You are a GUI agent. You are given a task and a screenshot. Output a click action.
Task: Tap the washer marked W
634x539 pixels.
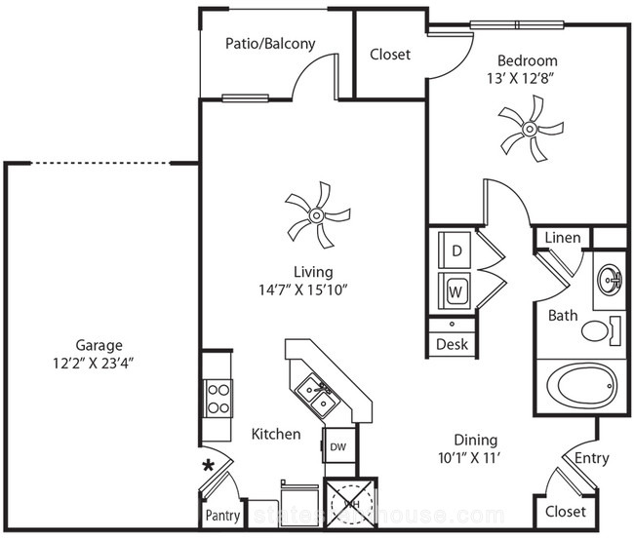(x=455, y=289)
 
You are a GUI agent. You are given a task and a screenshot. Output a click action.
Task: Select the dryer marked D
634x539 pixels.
(x=455, y=249)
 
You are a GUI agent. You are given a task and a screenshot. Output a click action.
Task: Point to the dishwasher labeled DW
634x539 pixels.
(x=337, y=447)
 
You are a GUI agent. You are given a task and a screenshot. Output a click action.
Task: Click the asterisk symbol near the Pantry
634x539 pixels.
(x=208, y=466)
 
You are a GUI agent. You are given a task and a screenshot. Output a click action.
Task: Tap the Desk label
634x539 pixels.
(x=453, y=344)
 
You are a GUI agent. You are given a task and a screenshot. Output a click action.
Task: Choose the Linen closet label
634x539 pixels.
(x=563, y=238)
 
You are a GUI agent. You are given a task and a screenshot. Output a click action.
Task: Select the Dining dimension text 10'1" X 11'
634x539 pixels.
(x=473, y=457)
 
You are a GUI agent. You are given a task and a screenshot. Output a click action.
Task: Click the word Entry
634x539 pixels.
(x=592, y=458)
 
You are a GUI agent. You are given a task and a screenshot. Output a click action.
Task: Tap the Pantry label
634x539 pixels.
(x=223, y=515)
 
